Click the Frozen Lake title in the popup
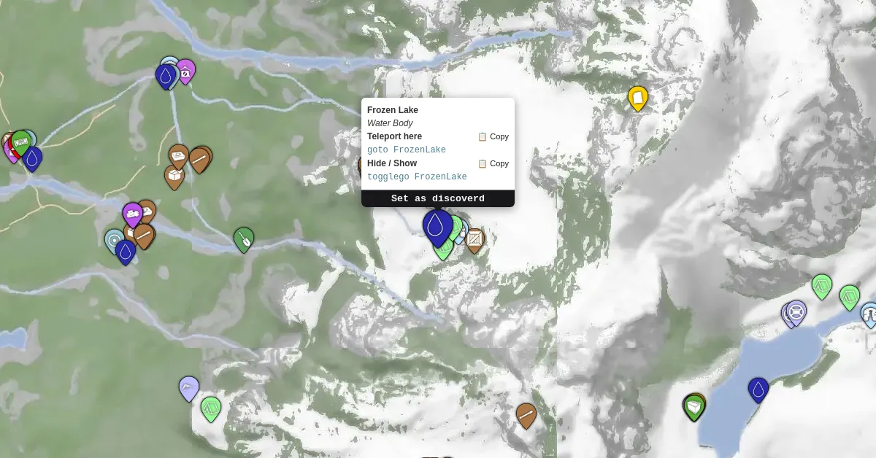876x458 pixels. coord(393,110)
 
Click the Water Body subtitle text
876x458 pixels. coord(390,123)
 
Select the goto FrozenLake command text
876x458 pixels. coord(406,150)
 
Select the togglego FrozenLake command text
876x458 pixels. coord(417,177)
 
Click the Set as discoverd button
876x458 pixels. coord(438,198)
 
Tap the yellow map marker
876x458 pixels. coord(638,98)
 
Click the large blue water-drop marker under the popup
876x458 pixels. coord(437,225)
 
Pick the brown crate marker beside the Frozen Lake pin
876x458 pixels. coord(474,238)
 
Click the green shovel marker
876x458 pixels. coord(244,238)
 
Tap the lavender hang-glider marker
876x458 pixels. coord(189,387)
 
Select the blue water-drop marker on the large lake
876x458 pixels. coord(758,389)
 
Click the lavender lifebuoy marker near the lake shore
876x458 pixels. coord(796,312)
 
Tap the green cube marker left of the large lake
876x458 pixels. coord(694,406)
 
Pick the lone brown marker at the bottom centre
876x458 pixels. coord(526,414)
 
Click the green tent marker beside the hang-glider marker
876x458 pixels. coord(211,408)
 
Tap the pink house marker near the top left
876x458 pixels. coord(186,71)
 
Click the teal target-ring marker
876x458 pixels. coord(115,240)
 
